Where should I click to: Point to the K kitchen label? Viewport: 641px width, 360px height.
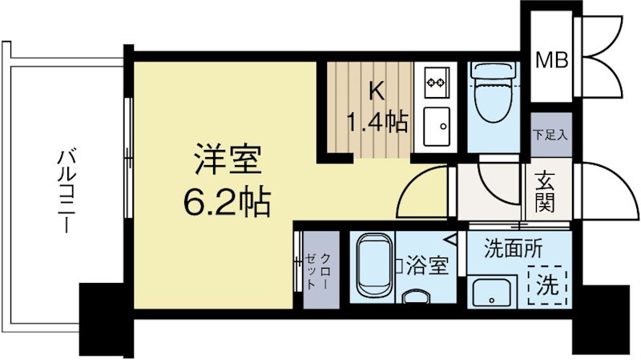pos(375,91)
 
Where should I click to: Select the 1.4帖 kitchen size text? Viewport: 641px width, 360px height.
pos(376,123)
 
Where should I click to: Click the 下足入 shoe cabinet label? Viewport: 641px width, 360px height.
pos(550,134)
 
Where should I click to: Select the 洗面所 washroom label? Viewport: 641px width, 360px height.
pos(514,249)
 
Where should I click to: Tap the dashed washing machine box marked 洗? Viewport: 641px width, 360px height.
pos(548,283)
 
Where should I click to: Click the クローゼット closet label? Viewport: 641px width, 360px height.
pos(317,270)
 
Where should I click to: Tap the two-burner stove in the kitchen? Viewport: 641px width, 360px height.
pos(437,80)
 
